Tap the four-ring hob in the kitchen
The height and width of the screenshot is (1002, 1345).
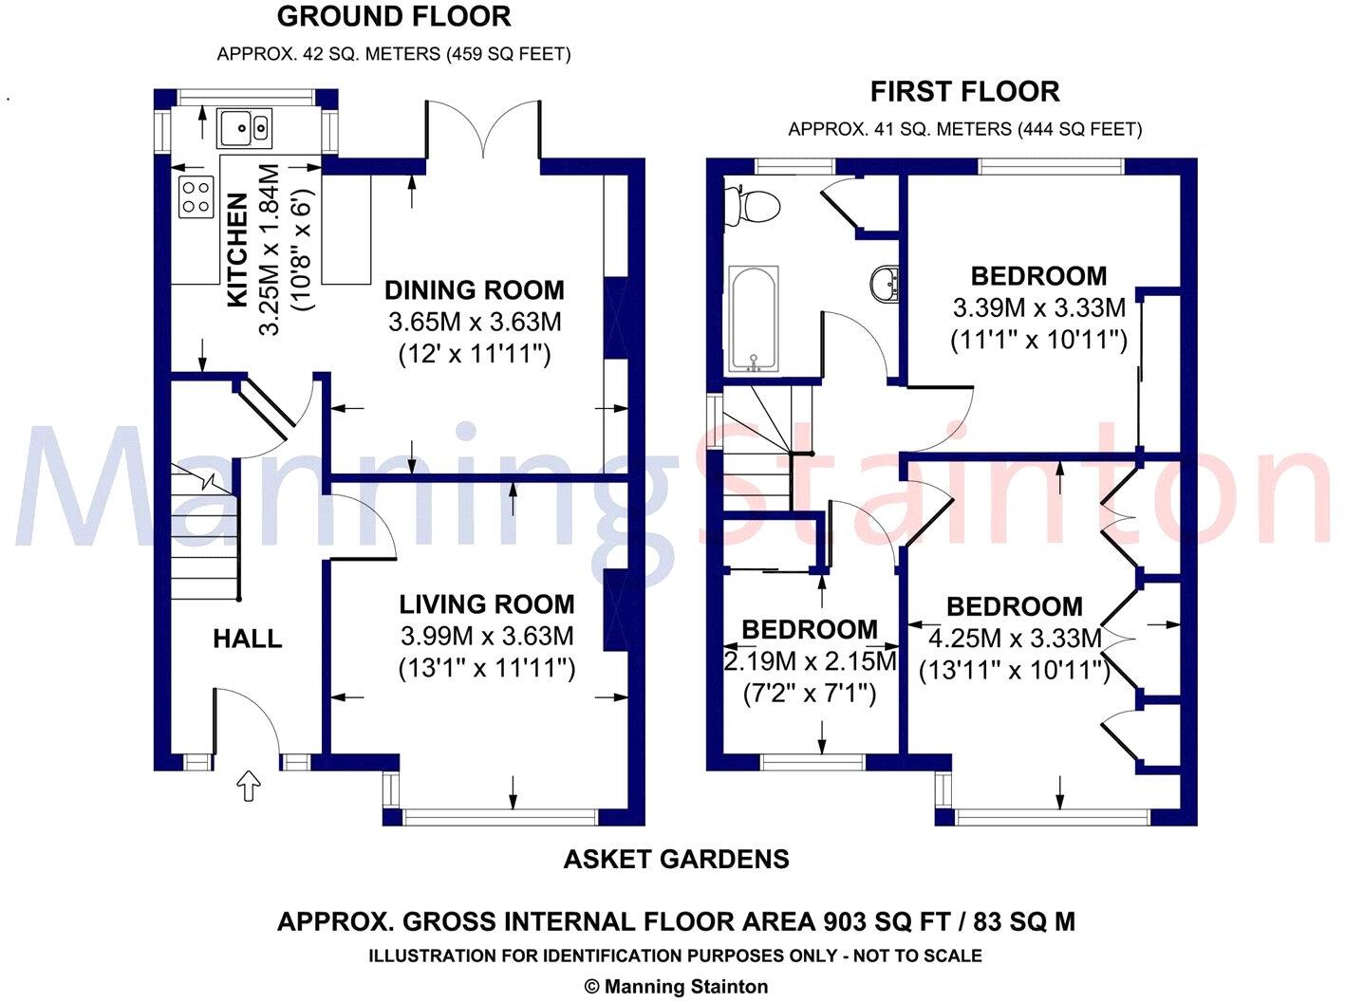pyautogui.click(x=196, y=197)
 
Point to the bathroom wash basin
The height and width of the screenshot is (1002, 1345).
pyautogui.click(x=885, y=283)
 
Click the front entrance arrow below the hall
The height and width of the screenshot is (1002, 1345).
pyautogui.click(x=248, y=786)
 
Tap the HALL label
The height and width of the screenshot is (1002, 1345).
pyautogui.click(x=248, y=639)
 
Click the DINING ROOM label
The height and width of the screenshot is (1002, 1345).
pyautogui.click(x=475, y=290)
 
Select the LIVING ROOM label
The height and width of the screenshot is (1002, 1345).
pyautogui.click(x=486, y=604)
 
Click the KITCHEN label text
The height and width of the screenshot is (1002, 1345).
pyautogui.click(x=237, y=250)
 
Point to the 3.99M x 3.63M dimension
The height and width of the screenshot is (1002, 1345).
pyautogui.click(x=486, y=636)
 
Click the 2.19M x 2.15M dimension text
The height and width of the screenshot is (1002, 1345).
pyautogui.click(x=810, y=661)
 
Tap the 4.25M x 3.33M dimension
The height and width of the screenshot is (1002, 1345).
pyautogui.click(x=1014, y=638)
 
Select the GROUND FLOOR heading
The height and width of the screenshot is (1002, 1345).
pyautogui.click(x=394, y=16)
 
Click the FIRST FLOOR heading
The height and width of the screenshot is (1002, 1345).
pyautogui.click(x=965, y=92)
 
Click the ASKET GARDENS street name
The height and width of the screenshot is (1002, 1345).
pyautogui.click(x=676, y=860)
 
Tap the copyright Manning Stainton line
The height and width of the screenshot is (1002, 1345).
pyautogui.click(x=676, y=987)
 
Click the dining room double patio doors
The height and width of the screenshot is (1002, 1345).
pyautogui.click(x=485, y=129)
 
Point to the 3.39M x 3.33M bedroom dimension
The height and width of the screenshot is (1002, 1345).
pyautogui.click(x=1038, y=308)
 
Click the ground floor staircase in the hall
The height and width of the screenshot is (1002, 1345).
pyautogui.click(x=203, y=536)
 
